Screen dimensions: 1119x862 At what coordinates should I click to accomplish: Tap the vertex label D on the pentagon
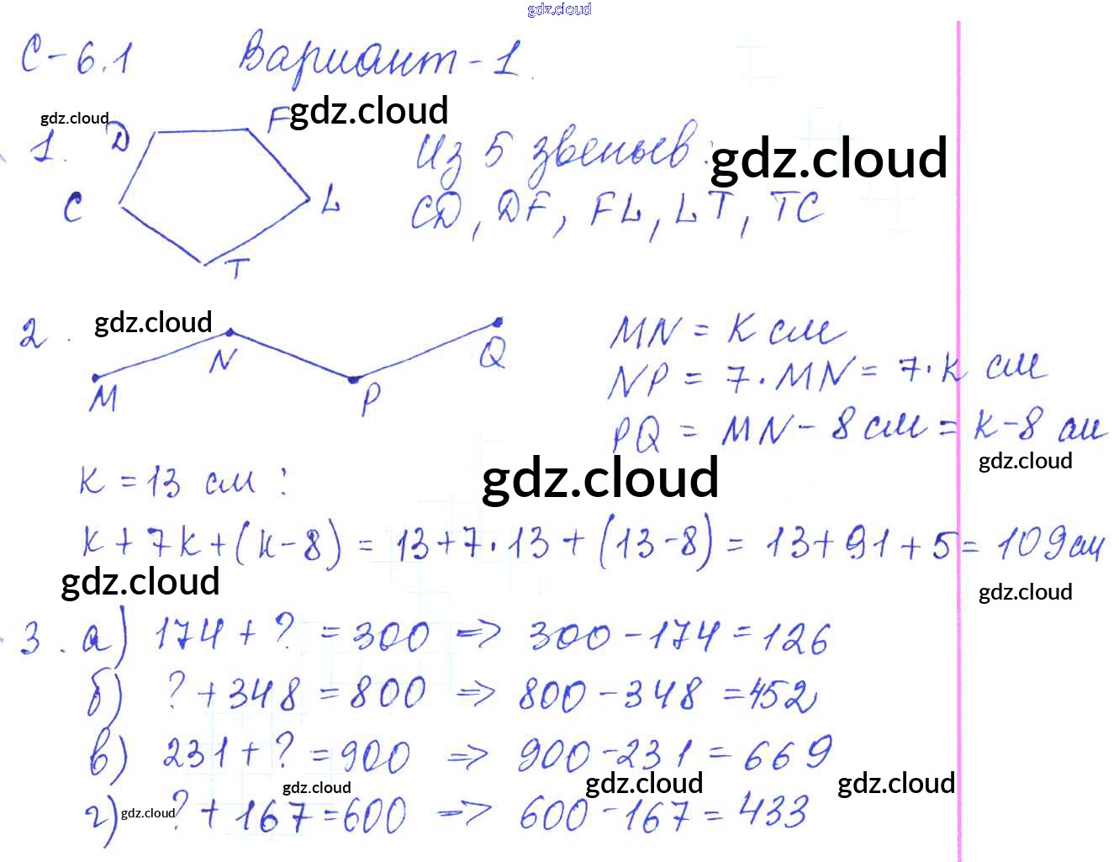[120, 139]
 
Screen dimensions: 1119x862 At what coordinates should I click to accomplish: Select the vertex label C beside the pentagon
[73, 207]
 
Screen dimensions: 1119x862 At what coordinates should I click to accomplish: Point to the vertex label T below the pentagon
[237, 269]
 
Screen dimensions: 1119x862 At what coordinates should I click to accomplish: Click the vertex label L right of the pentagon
[330, 200]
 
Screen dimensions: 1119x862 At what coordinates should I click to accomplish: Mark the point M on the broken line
[95, 378]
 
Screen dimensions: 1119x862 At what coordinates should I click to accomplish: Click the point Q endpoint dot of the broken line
[498, 322]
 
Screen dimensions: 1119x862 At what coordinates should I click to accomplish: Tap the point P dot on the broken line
[354, 380]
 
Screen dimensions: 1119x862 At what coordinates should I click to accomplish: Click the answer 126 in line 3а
[795, 639]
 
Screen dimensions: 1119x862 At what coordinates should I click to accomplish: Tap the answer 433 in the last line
[773, 812]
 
